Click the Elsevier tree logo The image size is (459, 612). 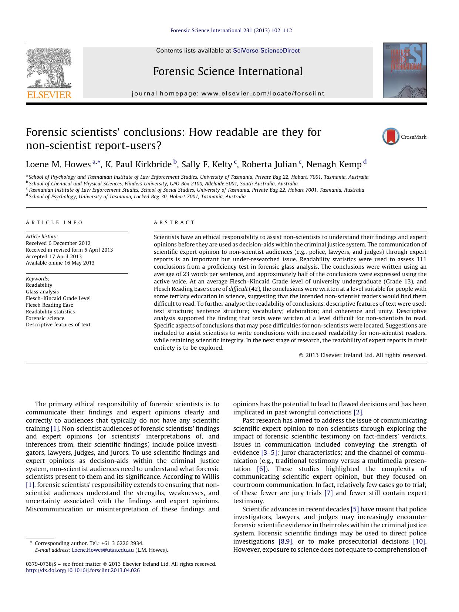49,68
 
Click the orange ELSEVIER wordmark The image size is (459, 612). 49,95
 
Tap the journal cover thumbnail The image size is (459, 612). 404,70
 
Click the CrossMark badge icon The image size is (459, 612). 391,137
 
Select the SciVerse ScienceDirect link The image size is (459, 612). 266,51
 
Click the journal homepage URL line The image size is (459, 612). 228,94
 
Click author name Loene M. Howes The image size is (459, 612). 58,164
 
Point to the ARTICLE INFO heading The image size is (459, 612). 54,222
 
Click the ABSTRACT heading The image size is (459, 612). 174,222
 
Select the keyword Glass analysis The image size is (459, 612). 42,292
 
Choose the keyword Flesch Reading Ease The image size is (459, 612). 50,305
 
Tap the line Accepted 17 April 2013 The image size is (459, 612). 54,256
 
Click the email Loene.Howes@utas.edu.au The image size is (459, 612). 102,550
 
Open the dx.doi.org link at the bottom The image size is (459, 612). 83,570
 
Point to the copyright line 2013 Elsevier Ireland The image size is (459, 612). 362,355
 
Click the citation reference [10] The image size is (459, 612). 419,541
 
